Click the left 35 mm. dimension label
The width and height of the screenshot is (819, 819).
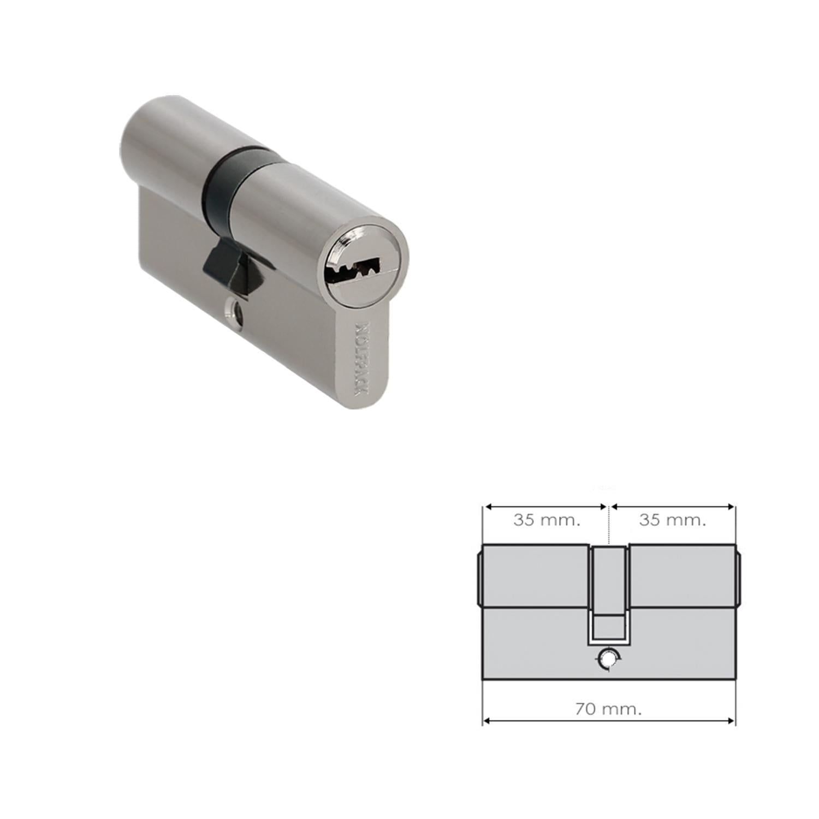coord(547,520)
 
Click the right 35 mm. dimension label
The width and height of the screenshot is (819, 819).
coord(673,520)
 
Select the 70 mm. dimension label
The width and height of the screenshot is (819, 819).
coord(609,709)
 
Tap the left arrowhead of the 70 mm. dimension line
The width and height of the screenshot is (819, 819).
coord(488,721)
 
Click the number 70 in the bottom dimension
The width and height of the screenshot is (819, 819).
coord(585,709)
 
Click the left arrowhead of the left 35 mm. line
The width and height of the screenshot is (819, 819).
coord(488,507)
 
